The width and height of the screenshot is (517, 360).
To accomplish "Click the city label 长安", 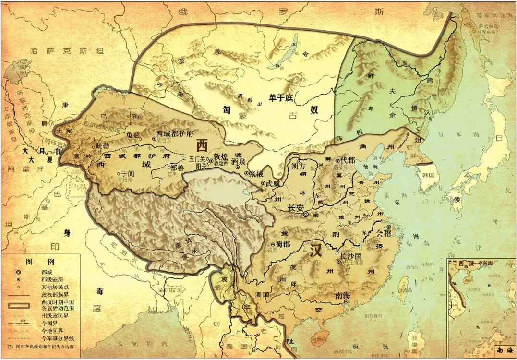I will pyautogui.click(x=295, y=208).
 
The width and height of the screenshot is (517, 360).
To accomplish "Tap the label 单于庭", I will pyautogui.click(x=281, y=98).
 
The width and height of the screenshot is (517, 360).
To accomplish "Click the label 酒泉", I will pyautogui.click(x=239, y=161).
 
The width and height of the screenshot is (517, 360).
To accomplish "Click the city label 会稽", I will pyautogui.click(x=384, y=234).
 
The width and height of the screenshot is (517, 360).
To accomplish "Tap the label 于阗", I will pyautogui.click(x=127, y=174).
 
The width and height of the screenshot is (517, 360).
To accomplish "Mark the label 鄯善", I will pyautogui.click(x=178, y=168).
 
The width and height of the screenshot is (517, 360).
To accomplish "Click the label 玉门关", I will pyautogui.click(x=197, y=158).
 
